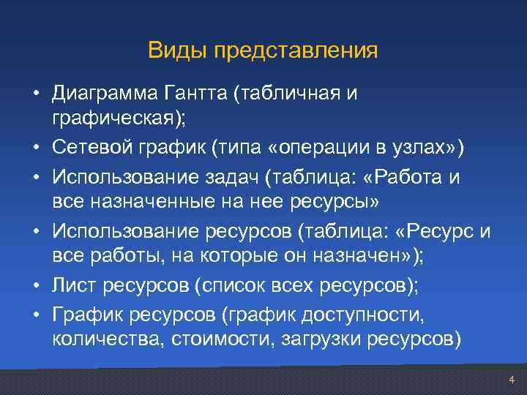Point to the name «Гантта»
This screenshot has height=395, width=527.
tap(194, 94)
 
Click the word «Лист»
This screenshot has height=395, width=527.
tap(72, 286)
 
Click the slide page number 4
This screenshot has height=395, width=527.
tap(512, 380)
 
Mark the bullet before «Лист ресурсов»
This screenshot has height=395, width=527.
tap(36, 287)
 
